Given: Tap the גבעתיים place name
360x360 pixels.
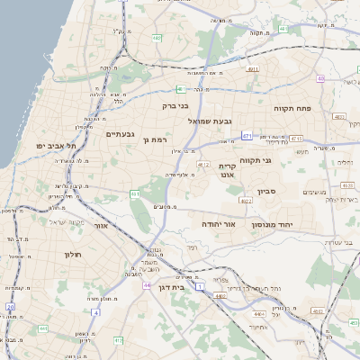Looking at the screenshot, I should pos(119,134).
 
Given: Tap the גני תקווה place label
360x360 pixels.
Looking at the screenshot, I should pos(256,159).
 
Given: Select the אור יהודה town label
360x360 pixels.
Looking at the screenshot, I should pos(218,222).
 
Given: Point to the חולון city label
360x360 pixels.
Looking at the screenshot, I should pos(72,255).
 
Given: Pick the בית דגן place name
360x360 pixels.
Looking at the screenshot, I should pos(169,288).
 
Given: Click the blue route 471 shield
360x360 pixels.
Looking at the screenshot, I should pos(247,135).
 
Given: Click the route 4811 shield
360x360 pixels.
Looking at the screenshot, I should pos(252,68).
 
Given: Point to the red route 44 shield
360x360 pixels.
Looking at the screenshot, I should pos(145,284).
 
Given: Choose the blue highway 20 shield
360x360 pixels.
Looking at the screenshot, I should pos(12,307).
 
